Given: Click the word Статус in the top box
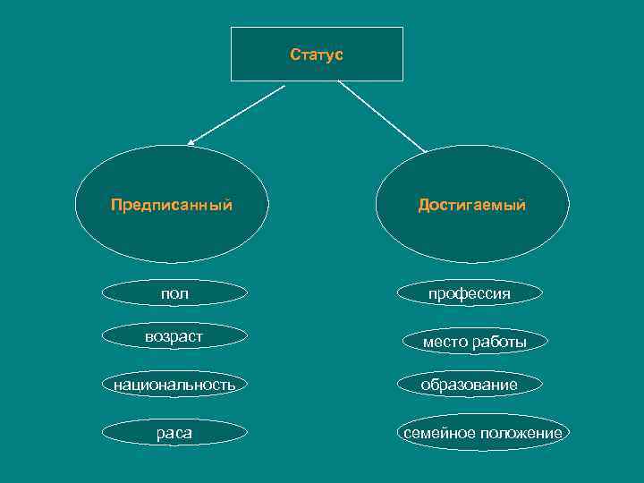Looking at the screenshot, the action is tap(317, 55).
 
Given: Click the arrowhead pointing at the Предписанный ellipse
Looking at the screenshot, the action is tap(191, 141).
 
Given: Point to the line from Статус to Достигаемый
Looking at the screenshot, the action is tap(382, 116).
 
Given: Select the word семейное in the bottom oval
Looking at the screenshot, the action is tap(436, 433).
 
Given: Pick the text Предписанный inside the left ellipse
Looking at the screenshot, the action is tap(172, 205).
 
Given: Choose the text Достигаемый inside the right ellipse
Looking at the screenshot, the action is tap(471, 205).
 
